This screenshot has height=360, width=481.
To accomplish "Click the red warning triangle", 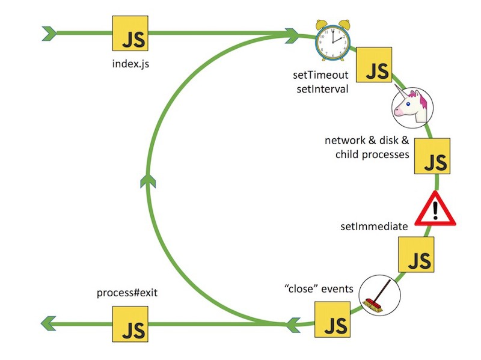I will coord(436,210).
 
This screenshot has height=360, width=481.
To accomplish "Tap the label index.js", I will coord(130,63).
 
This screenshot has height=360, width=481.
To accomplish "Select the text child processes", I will coord(372,154).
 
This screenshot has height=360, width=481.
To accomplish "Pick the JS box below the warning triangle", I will coord(417,255).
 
